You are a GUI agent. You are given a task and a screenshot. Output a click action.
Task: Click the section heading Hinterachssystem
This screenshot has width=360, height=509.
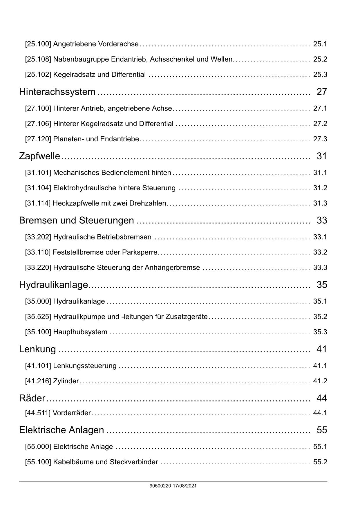tap(57, 92)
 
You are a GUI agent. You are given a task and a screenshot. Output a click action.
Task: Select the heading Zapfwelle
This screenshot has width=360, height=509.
tap(39, 156)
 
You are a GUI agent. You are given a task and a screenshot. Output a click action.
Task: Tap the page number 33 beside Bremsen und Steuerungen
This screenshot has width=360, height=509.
tap(322, 221)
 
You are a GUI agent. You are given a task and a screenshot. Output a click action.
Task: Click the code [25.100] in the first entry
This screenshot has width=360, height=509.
tap(38, 44)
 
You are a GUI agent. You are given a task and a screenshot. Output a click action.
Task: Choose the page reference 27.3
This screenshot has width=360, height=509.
tap(320, 139)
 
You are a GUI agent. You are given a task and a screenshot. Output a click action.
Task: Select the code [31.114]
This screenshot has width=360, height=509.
tap(38, 203)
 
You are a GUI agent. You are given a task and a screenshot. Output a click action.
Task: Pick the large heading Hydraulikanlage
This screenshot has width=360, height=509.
tap(53, 285)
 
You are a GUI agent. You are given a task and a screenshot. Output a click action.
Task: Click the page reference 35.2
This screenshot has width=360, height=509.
tap(320, 317)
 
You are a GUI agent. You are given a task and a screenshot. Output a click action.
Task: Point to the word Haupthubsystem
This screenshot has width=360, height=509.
tap(80, 332)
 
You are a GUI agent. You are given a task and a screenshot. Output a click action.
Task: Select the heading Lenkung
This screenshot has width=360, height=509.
tap(37, 349)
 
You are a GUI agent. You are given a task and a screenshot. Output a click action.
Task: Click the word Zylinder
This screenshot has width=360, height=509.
tap(66, 381)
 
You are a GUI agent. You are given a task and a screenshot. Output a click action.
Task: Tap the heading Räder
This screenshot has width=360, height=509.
tap(32, 398)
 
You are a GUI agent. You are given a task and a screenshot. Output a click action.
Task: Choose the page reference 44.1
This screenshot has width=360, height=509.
tap(320, 413)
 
